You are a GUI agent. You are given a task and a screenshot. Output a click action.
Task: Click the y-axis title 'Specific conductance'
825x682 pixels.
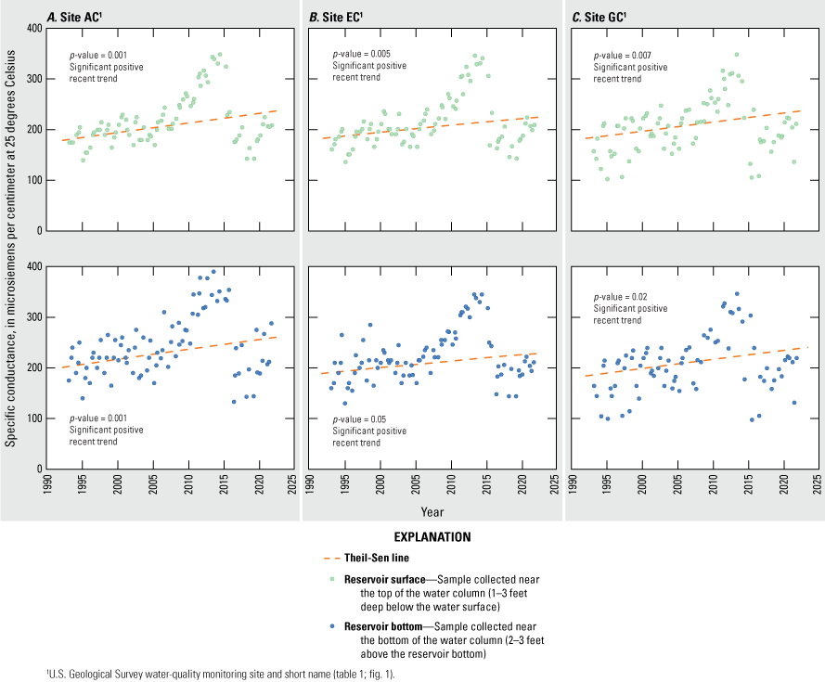pos(11,249)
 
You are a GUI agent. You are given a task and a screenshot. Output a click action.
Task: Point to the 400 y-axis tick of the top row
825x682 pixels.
pos(32,28)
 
